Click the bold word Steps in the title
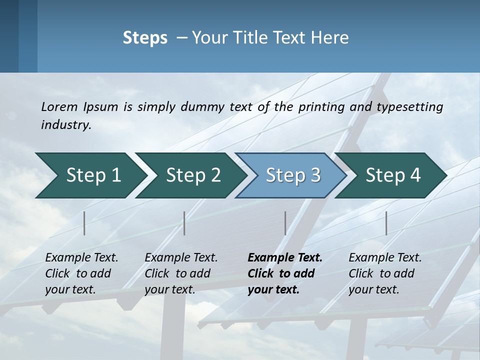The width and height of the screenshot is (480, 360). coord(145,38)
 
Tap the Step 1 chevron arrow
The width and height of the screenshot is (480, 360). coord(90,175)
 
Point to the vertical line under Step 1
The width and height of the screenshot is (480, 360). coord(84,223)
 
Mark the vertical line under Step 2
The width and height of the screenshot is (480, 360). coord(184,223)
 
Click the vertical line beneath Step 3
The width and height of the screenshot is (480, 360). coord(285,223)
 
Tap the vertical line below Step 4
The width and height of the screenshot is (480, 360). coord(386,223)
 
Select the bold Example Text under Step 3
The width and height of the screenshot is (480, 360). coord(284,273)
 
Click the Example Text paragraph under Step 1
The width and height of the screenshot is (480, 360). coord(81,273)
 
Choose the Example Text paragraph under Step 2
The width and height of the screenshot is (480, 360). coord(181,273)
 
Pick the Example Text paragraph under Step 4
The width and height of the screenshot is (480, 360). coord(385,273)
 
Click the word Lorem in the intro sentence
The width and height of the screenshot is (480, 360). coord(59,107)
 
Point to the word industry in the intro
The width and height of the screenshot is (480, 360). coord(65,125)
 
